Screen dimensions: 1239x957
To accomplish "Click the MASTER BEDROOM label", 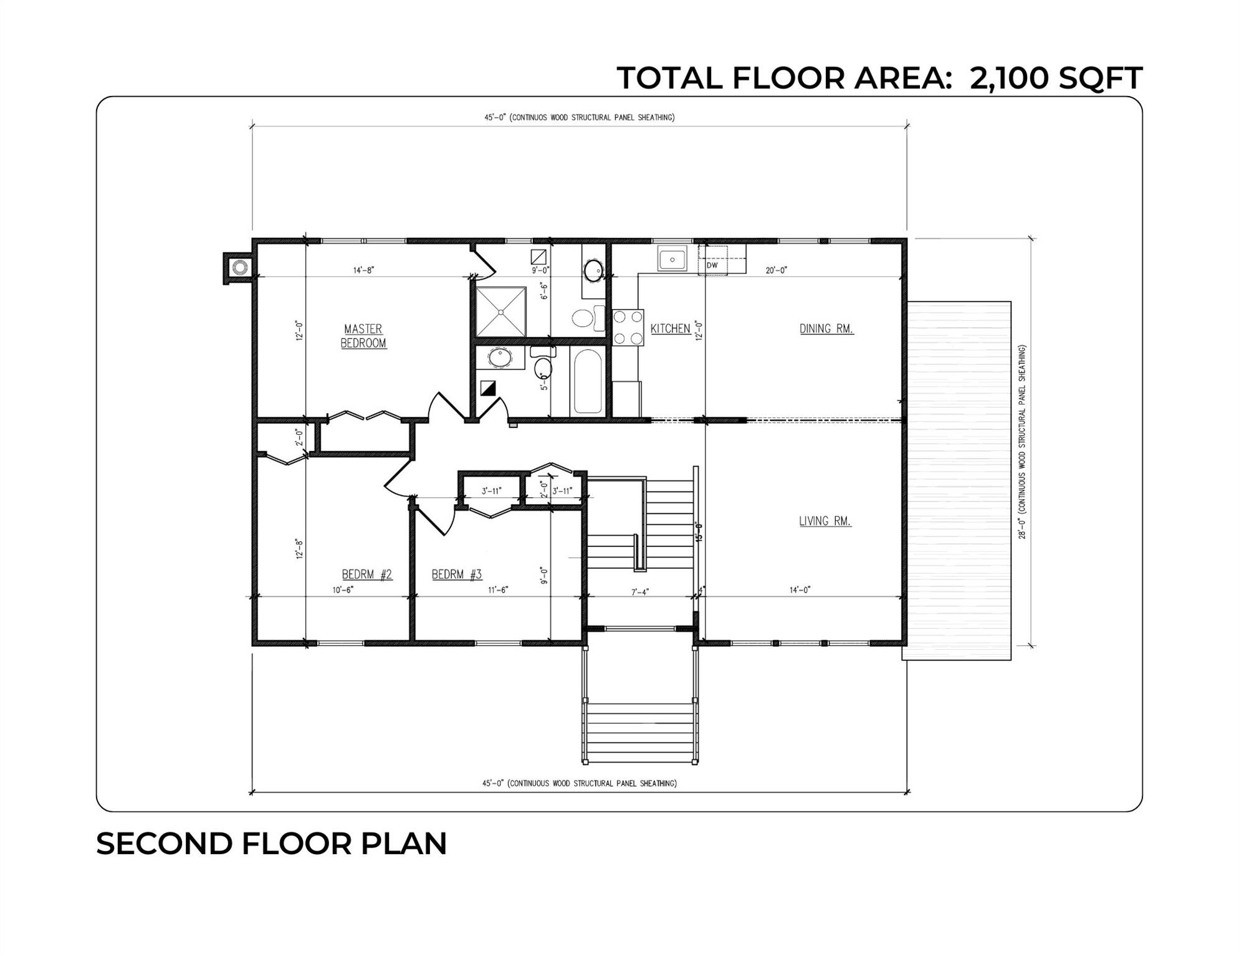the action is tap(363, 336).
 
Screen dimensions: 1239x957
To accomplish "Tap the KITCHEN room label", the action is tap(670, 328).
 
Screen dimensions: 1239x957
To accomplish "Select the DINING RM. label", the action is tap(826, 328).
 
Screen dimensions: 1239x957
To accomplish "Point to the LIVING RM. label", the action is tap(825, 521).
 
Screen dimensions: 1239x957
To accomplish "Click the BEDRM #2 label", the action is tap(367, 574).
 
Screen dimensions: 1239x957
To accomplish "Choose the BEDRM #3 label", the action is tap(457, 574).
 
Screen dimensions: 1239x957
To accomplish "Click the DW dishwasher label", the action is tap(712, 265).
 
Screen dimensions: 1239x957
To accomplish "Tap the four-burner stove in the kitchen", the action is tap(628, 328).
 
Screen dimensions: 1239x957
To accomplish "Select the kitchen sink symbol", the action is tap(672, 259).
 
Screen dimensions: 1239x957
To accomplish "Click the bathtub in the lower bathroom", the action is tap(588, 381).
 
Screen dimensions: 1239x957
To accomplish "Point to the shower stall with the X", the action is tap(501, 312).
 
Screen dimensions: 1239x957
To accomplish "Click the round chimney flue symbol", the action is tap(239, 268).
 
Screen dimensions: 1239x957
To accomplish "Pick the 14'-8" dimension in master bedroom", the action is tap(363, 270).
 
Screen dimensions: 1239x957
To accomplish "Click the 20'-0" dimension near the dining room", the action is tap(777, 270).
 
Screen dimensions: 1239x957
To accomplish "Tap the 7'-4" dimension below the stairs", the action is tap(640, 592).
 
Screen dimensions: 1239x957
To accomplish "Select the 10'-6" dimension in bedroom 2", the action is tap(343, 590).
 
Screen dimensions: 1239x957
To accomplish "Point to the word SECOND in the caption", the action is tap(164, 844).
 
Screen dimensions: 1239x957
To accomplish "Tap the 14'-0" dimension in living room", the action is tap(800, 590).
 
